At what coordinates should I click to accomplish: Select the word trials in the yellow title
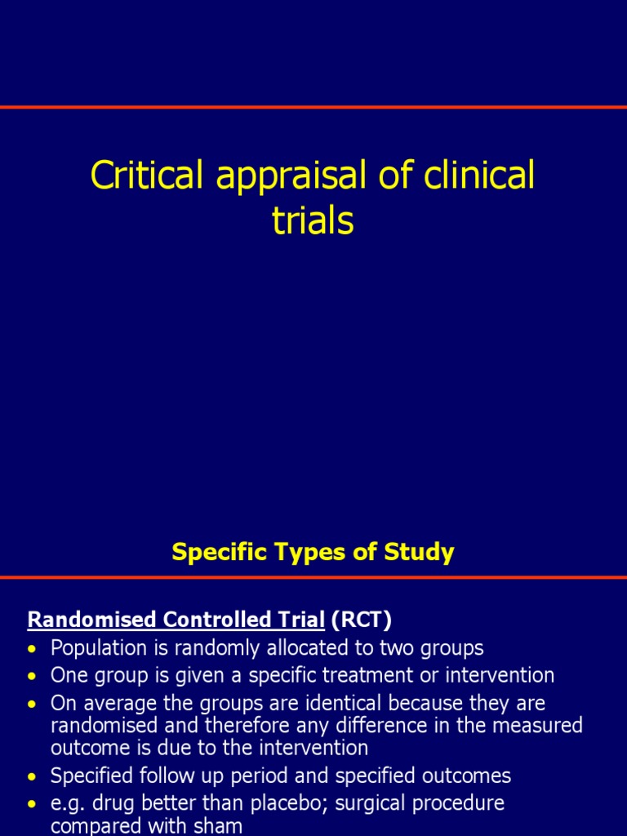[x=313, y=220]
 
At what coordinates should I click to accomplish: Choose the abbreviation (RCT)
[x=361, y=620]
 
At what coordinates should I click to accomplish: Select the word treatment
[x=394, y=675]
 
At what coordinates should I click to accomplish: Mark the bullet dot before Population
[x=32, y=650]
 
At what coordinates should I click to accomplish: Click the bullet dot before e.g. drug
[x=32, y=804]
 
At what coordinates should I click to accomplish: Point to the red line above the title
[x=313, y=107]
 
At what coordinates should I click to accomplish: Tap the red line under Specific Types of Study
[x=313, y=577]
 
